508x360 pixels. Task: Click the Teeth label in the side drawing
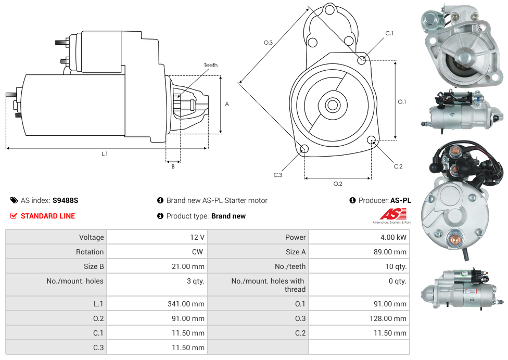210,65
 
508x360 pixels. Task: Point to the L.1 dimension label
105,153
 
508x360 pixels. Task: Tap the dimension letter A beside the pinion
227,104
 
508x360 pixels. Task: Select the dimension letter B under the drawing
173,166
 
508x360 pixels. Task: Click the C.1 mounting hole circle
362,60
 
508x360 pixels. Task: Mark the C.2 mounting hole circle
372,140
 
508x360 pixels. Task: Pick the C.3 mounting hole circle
304,150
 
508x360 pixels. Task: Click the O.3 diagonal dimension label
268,43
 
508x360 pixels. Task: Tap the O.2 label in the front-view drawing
338,184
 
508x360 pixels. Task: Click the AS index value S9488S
66,200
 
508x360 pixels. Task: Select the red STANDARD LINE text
48,216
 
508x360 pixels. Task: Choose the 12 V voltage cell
197,237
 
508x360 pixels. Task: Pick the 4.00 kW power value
393,237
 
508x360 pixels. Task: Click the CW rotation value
199,252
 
